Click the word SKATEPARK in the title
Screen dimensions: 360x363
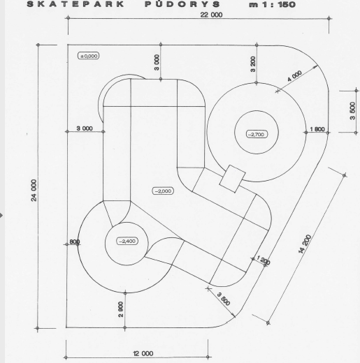(75, 4)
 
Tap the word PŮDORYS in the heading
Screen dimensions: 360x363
(182, 4)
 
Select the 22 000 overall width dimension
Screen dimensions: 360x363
(211, 15)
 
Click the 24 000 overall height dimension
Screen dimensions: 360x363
(34, 190)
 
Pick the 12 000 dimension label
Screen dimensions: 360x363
(143, 353)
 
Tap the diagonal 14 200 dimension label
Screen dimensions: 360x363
(305, 244)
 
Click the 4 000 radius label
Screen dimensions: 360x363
(294, 76)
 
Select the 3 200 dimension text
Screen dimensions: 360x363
(253, 64)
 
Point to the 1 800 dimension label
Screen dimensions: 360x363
(317, 129)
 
